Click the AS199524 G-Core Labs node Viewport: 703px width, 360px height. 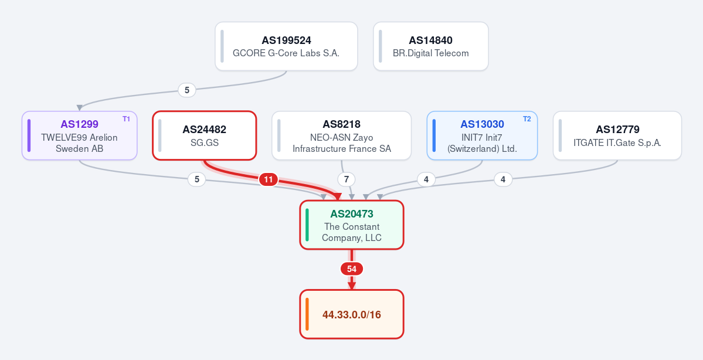[x=286, y=46]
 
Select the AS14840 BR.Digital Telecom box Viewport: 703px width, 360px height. [x=431, y=46]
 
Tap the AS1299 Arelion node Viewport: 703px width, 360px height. [x=79, y=135]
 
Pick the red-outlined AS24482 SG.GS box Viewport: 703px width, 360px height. [x=205, y=135]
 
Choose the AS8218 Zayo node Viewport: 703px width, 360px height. [x=342, y=135]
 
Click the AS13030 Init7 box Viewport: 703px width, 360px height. [x=482, y=135]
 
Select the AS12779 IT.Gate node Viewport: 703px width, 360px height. [x=617, y=135]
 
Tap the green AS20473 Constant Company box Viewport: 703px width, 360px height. [x=352, y=225]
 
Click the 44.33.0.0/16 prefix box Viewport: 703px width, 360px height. [x=352, y=314]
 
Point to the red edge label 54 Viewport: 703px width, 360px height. [x=352, y=269]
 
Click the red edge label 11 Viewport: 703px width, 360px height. [x=268, y=180]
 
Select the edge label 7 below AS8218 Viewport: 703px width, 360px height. [x=346, y=180]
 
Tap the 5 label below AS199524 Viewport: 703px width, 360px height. [x=187, y=90]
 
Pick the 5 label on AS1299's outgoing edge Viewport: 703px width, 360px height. [x=197, y=180]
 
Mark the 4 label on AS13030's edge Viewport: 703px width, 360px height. [x=426, y=180]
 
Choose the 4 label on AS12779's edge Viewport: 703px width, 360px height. [x=503, y=180]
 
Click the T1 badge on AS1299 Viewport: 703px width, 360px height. [x=127, y=119]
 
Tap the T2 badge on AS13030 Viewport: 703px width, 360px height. [x=527, y=119]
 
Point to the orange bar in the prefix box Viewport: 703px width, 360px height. [x=307, y=314]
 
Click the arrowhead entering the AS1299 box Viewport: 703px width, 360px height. [x=79, y=108]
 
